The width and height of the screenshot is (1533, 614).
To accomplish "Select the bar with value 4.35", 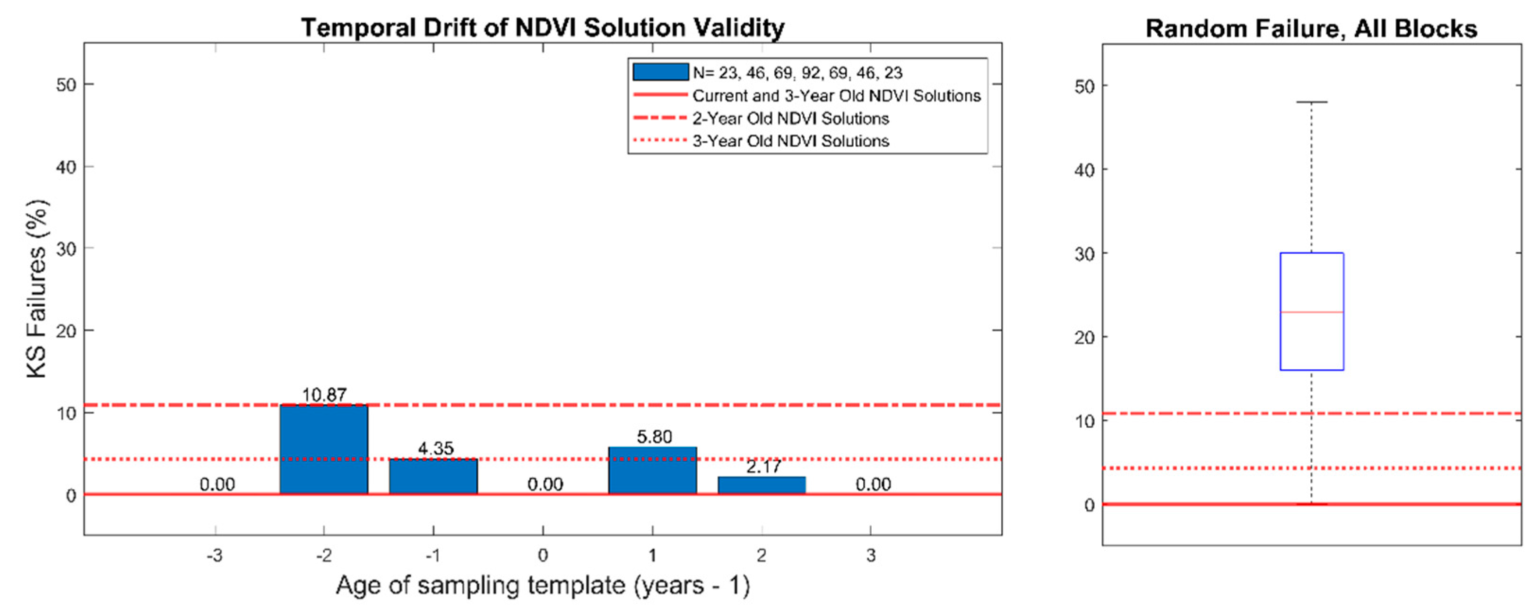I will [x=433, y=476].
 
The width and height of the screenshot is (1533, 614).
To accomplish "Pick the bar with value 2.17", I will [x=762, y=485].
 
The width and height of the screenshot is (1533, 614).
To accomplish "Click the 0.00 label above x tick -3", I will [x=217, y=484].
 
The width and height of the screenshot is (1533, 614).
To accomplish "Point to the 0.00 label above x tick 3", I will [x=873, y=484].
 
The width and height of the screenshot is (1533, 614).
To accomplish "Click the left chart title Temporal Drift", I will [x=542, y=27].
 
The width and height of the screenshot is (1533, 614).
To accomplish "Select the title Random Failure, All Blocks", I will [x=1311, y=28].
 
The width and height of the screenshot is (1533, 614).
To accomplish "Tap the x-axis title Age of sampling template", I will [x=542, y=586].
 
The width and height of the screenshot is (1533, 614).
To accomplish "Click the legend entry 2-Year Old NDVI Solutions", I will [x=790, y=118].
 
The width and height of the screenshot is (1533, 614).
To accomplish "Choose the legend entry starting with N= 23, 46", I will [x=797, y=73].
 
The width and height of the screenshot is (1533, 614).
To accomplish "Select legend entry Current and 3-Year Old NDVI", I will [x=836, y=96].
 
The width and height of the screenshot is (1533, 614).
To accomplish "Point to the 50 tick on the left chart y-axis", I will [x=67, y=85].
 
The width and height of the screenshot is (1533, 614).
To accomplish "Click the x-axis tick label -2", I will [x=324, y=556].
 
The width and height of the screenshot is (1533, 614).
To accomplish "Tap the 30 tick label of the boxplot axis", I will [x=1085, y=254].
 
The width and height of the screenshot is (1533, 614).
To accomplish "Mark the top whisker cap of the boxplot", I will [x=1312, y=102].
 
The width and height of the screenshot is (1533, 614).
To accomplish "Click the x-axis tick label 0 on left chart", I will [x=543, y=556].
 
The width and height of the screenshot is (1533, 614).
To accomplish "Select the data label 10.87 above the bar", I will [x=324, y=395].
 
